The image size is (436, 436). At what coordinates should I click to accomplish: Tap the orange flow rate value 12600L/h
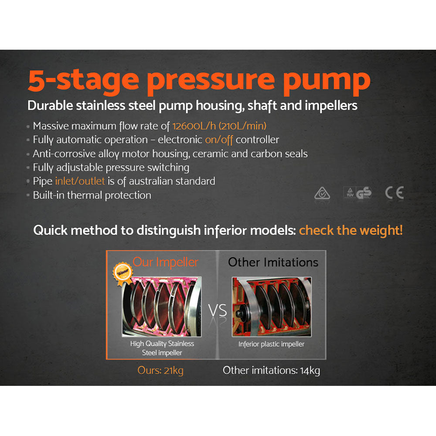click(x=194, y=126)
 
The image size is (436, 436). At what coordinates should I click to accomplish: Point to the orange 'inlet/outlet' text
click(x=80, y=181)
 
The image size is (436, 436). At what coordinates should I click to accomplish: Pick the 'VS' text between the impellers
click(x=217, y=311)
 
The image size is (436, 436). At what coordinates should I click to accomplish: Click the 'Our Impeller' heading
click(x=165, y=262)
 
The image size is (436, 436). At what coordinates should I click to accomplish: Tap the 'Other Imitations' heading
click(x=273, y=262)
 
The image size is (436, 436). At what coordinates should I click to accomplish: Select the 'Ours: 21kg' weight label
click(x=160, y=371)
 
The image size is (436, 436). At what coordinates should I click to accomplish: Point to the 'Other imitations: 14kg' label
click(x=271, y=371)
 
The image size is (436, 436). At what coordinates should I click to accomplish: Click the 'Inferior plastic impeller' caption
click(x=271, y=344)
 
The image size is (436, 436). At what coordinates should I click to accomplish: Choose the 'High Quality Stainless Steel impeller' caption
click(x=162, y=348)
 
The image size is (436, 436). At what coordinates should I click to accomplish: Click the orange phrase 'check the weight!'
click(x=351, y=230)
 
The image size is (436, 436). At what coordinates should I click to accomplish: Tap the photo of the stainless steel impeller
click(x=162, y=307)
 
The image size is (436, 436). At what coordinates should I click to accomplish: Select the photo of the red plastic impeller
click(x=271, y=307)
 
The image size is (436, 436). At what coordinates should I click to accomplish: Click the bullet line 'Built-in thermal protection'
click(x=92, y=195)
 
